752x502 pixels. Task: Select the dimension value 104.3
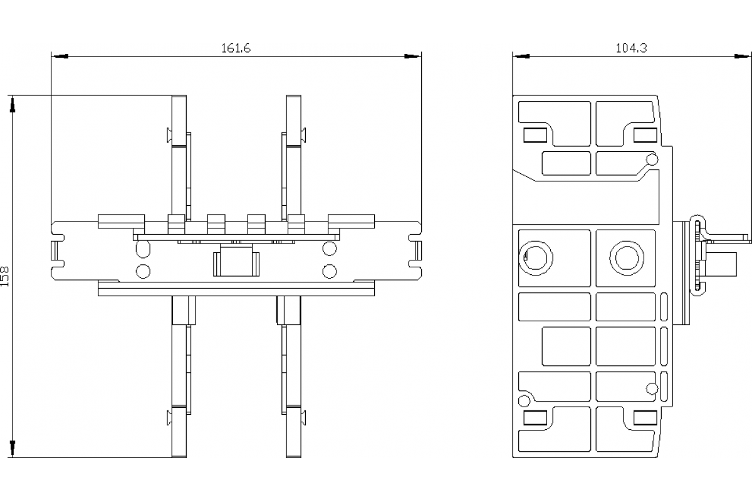coord(631,48)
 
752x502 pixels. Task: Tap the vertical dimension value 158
coord(6,276)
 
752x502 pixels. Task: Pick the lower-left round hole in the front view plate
coord(143,271)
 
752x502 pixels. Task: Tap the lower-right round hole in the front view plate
coord(329,271)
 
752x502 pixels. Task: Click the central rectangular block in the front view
coord(236,263)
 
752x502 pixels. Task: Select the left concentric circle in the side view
coord(536,257)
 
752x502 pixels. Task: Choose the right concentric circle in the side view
coord(625,257)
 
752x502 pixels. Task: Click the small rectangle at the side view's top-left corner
coord(535,135)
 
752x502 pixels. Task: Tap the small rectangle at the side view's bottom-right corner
coord(645,418)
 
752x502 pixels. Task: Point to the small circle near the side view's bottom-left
coord(523,401)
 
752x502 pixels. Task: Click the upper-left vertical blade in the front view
coord(179,157)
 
